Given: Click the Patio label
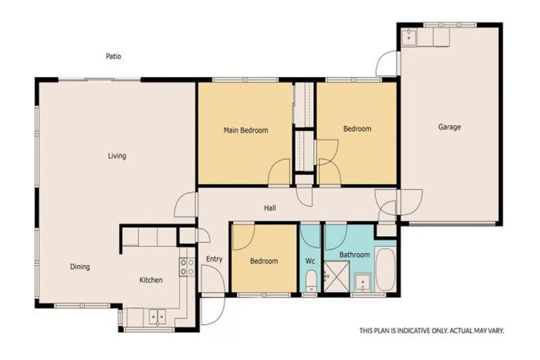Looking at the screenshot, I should pos(113,56).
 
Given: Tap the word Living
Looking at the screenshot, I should pos(117,155).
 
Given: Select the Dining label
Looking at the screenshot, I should pos(79,266).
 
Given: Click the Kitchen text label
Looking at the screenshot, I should pos(150,280).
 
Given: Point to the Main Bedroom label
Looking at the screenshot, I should pos(245,130).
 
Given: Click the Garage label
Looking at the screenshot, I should pos(449,127).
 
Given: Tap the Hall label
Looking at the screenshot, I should pos(270,208).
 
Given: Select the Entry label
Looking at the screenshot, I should pos(214,259).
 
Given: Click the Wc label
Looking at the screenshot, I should pos(310,261).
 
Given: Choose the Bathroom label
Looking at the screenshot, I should pos(354,255).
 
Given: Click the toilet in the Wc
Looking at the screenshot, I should pos(311,283).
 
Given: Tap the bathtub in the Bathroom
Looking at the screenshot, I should pos(385,269).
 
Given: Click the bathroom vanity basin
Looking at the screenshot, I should pos(363,283).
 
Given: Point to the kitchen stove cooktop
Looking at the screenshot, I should pos(187,266).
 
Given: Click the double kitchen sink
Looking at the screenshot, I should pos(157,317).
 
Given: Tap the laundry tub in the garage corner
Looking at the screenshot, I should pos(410,37).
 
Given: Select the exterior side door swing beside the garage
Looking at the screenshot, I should pos(387,65).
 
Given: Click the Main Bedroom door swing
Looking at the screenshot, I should pos(280,172).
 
